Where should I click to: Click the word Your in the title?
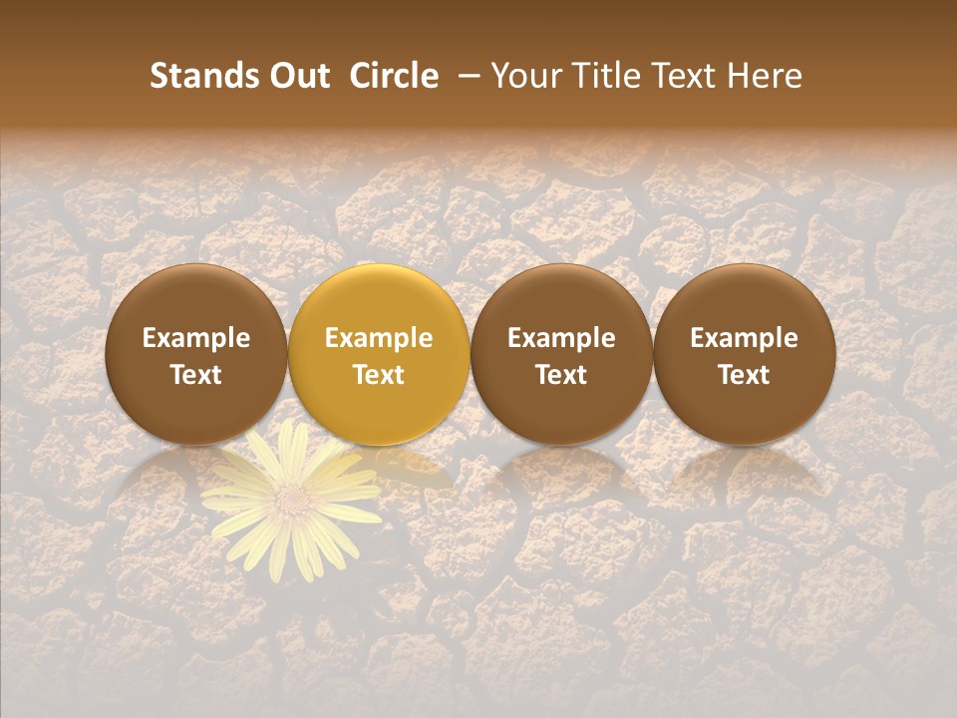tap(523, 76)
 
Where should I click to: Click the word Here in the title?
tap(763, 76)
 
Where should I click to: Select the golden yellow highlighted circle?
tap(379, 354)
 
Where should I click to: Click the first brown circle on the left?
tap(196, 354)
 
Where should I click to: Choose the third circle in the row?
tap(561, 354)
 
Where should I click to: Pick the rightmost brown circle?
tap(744, 354)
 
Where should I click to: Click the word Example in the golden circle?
tap(379, 338)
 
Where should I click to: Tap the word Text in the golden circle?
tap(379, 374)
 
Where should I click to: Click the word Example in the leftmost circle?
tap(196, 338)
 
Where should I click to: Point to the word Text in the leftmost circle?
tap(196, 374)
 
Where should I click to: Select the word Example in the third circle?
tap(561, 338)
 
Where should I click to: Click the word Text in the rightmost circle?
tap(744, 374)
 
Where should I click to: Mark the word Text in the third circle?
tap(561, 374)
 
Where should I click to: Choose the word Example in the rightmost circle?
tap(744, 338)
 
